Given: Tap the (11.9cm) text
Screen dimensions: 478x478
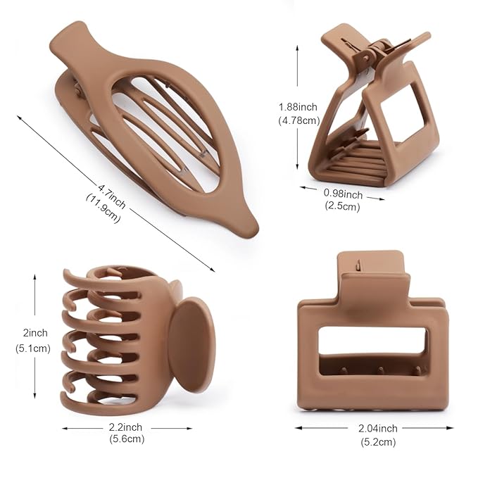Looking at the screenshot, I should click(x=103, y=208).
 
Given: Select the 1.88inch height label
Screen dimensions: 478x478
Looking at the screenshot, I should click(x=298, y=107).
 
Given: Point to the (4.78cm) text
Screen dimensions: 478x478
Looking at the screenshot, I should click(x=298, y=120).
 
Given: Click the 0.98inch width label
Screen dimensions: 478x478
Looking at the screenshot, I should click(x=343, y=194).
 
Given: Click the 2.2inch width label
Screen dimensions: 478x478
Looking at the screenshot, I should click(x=126, y=427).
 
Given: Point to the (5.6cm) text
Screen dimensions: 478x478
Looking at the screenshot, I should click(x=127, y=439).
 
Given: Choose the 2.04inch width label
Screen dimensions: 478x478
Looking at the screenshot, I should click(x=377, y=428).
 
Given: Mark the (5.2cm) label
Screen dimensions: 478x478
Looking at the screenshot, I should click(x=378, y=441).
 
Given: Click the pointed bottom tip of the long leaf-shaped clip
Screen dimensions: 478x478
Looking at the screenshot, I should click(x=251, y=229).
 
